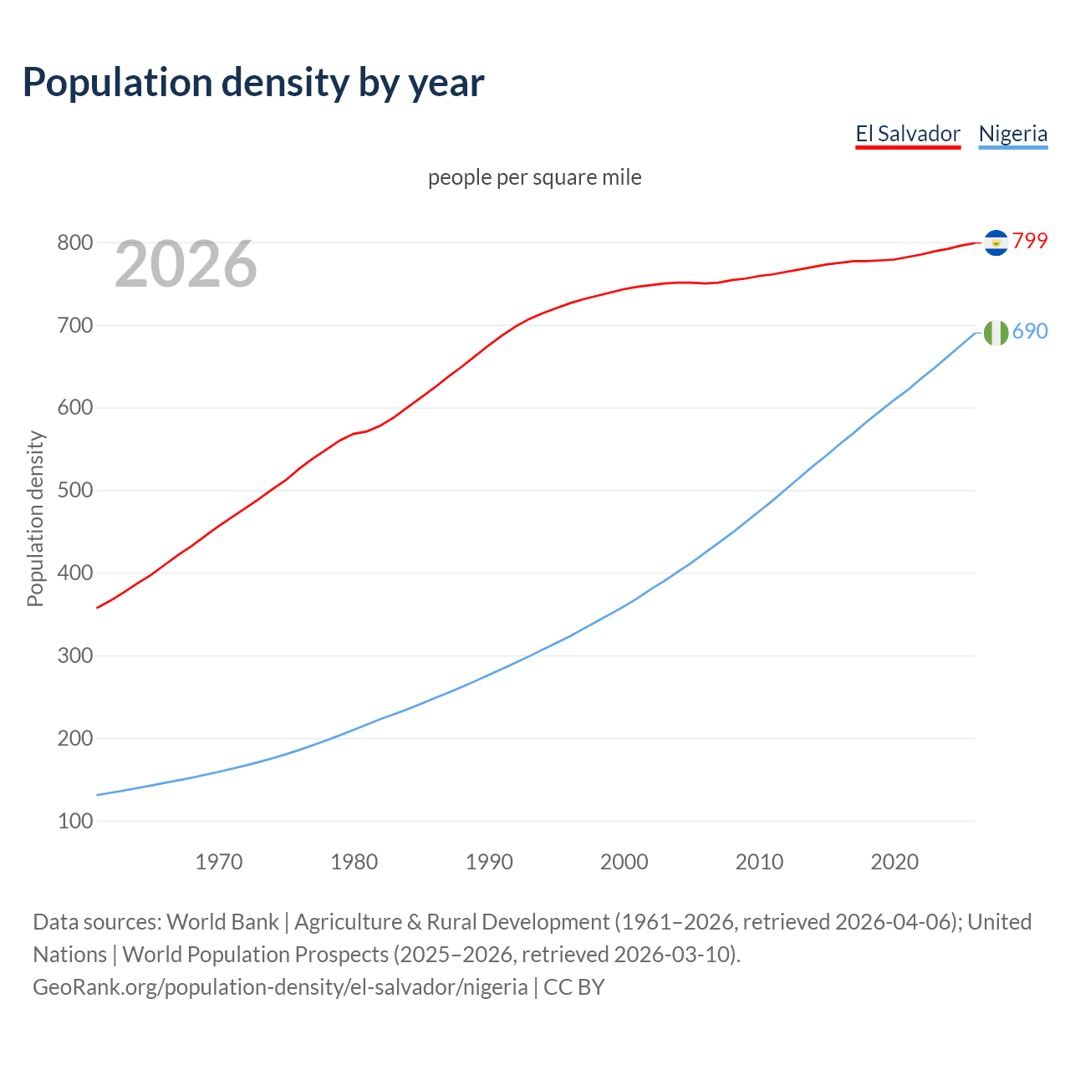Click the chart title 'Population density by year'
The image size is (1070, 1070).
253,82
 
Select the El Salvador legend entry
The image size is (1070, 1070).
908,134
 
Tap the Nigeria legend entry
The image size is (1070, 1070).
1012,134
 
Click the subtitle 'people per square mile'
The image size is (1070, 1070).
535,177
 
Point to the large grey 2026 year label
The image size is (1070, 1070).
186,264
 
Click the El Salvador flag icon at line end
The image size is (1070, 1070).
996,242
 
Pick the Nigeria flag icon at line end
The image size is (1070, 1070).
996,333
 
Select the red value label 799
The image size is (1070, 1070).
1030,241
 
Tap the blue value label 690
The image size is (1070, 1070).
1030,331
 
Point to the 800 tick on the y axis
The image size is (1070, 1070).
74,243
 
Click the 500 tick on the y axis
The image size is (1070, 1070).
74,491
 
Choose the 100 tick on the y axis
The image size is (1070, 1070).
74,822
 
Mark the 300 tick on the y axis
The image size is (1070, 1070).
74,656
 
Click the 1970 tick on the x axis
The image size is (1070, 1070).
219,862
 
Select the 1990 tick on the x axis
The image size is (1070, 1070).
489,862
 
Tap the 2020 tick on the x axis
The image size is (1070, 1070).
894,862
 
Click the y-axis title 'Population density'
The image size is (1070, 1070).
35,518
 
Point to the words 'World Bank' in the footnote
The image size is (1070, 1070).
222,922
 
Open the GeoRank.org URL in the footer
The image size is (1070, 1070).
280,987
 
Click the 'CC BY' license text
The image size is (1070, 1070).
574,987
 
